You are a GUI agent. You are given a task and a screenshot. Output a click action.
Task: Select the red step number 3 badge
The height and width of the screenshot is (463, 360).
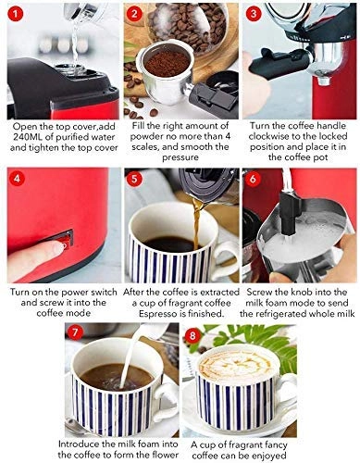[x=254, y=15]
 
